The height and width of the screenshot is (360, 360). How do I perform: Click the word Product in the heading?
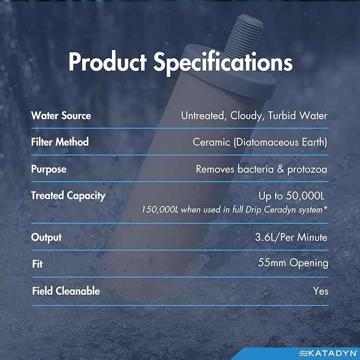(x=108, y=62)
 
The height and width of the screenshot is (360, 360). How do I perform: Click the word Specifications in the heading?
(x=223, y=63)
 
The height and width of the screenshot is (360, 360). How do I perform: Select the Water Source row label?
(x=61, y=116)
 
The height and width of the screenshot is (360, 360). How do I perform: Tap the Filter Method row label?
(x=60, y=142)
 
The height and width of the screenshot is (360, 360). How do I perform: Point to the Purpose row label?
(x=49, y=170)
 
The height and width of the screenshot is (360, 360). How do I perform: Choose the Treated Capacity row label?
(x=68, y=196)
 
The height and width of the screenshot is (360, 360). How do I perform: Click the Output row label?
(x=46, y=238)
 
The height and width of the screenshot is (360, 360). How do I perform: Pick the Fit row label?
(x=37, y=264)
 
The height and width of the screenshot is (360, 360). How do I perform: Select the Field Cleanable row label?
(x=66, y=291)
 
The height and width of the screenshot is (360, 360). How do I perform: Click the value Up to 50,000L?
(x=292, y=196)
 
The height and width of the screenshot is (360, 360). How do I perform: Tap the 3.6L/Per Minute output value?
(x=291, y=238)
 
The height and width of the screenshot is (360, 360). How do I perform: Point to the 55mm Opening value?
(x=293, y=263)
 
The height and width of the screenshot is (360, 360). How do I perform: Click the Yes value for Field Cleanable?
(x=321, y=291)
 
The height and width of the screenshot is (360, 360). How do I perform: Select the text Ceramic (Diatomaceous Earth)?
(x=260, y=142)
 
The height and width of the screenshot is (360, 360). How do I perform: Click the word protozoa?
(x=307, y=170)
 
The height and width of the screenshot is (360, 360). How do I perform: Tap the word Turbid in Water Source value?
(x=282, y=116)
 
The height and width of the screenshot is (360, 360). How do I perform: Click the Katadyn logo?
(x=328, y=353)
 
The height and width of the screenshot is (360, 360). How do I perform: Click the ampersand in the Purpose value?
(x=280, y=170)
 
